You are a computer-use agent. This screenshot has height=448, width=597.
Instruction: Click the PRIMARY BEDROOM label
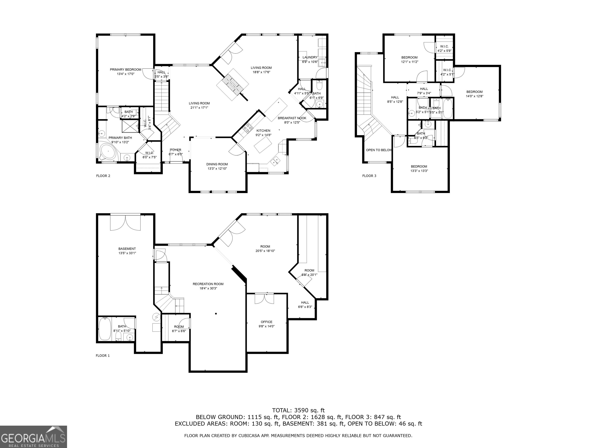(126, 70)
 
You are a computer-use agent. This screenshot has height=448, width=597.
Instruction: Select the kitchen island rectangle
(263, 145)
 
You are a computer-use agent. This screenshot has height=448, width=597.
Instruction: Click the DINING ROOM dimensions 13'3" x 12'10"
(217, 169)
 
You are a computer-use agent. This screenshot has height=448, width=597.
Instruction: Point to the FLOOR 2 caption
(103, 176)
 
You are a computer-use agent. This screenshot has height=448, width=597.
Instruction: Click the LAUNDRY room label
(310, 57)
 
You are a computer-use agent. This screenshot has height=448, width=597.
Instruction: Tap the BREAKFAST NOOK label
(292, 118)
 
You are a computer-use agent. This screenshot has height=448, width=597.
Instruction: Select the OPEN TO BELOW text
(379, 150)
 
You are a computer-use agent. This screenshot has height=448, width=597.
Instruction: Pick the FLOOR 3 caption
(369, 176)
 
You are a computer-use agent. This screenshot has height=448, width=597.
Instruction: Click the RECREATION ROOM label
(208, 284)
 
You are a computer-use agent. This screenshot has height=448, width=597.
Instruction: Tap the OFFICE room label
(266, 322)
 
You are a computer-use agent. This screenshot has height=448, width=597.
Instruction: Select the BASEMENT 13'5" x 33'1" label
(127, 251)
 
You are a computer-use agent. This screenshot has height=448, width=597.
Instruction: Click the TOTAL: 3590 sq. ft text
(298, 410)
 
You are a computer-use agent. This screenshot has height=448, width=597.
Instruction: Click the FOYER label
(176, 150)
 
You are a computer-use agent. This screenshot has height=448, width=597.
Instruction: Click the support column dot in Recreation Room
(216, 313)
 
